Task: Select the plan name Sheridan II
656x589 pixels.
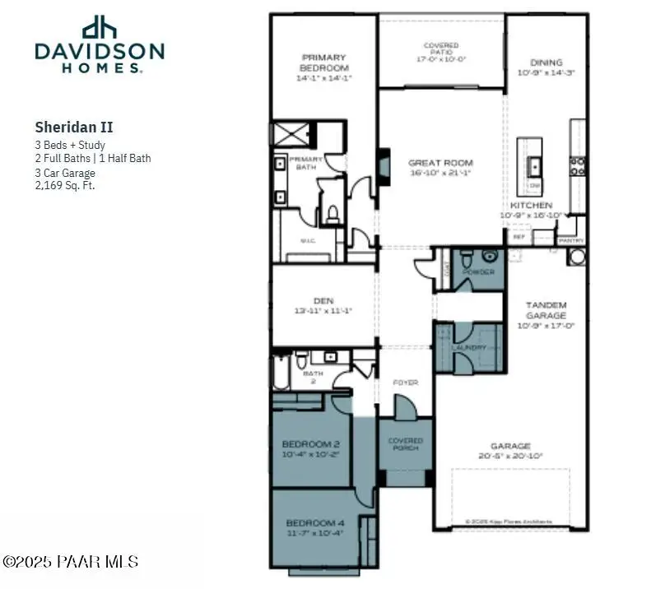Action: coord(74,127)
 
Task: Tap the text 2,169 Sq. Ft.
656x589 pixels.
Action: coord(65,185)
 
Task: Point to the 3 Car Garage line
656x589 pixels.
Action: coord(65,173)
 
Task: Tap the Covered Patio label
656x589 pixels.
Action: coord(441,51)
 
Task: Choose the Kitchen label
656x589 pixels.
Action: coord(531,205)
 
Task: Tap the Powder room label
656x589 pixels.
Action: coord(477,271)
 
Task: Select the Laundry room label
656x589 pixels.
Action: coord(468,348)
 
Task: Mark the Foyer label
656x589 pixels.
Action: coord(405,383)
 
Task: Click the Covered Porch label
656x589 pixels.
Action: coord(405,443)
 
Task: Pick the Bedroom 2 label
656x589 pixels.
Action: coord(311,448)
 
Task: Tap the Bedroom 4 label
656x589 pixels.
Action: coord(315,527)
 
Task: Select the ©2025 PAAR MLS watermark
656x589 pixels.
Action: coord(71,562)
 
